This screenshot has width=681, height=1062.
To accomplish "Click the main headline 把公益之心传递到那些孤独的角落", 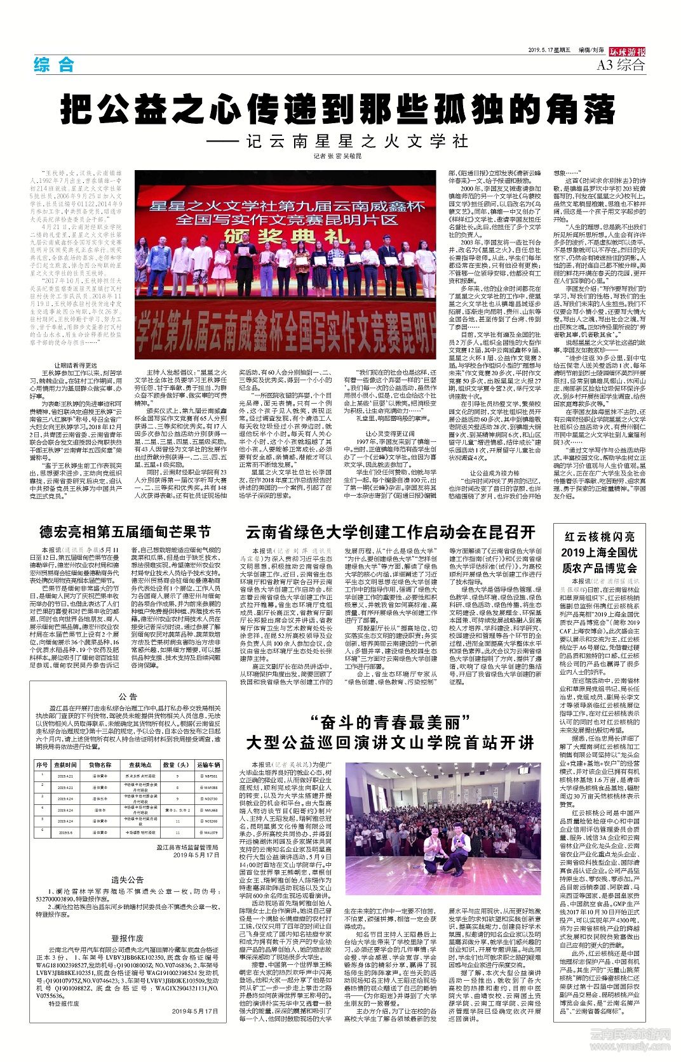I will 338,109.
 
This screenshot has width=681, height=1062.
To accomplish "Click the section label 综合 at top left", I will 54,64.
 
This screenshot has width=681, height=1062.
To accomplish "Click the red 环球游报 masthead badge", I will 627,51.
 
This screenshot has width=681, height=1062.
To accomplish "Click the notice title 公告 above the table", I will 128,696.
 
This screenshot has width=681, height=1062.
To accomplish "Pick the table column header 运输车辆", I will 208,765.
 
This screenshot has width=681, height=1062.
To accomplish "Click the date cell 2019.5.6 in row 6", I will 65,832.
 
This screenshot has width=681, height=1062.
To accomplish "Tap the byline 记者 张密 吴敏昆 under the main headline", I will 337,156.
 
